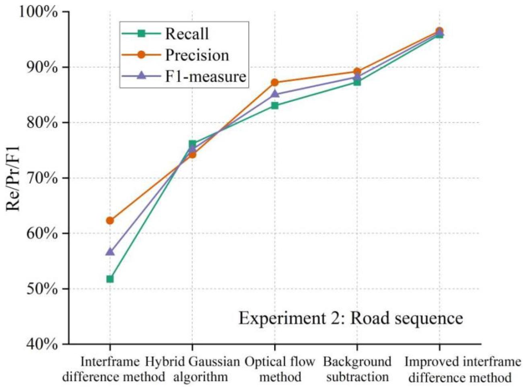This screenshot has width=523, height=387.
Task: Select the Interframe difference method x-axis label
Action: [109, 369]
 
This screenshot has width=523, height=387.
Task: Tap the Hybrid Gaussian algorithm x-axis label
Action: [192, 369]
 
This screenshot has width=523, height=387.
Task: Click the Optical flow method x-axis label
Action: [280, 369]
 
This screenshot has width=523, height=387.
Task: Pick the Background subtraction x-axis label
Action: [357, 369]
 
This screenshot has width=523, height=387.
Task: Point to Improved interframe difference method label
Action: [462, 369]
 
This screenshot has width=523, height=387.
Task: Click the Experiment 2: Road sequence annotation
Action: [350, 318]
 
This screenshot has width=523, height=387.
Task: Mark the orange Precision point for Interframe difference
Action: [110, 221]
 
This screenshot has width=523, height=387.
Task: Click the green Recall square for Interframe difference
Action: [110, 279]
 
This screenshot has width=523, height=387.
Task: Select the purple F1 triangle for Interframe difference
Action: [110, 252]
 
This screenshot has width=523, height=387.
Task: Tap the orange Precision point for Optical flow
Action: [275, 83]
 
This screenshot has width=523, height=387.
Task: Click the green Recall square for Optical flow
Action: [275, 106]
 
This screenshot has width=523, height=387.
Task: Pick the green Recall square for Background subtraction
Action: [357, 82]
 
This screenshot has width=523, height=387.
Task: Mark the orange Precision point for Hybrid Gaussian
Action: [192, 154]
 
